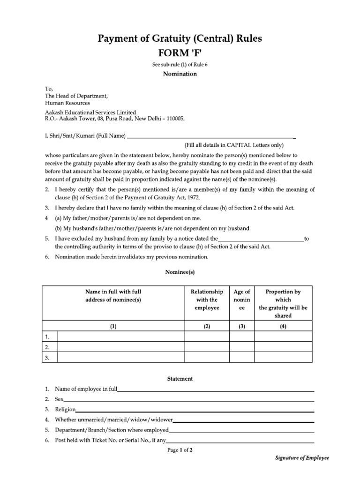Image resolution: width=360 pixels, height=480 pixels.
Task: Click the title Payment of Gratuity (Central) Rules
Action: (x=180, y=38)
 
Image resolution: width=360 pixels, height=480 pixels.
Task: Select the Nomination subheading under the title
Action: (x=180, y=74)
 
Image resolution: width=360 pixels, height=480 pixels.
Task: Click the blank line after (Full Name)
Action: (x=211, y=137)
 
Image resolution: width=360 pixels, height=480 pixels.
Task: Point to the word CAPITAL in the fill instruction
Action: (x=243, y=145)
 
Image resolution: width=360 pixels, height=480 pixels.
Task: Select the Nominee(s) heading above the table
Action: (x=180, y=272)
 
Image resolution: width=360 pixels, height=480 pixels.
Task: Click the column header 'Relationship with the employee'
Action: (x=207, y=300)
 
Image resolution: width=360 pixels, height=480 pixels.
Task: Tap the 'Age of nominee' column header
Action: (x=242, y=300)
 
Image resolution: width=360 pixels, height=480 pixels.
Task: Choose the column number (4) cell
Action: (x=283, y=327)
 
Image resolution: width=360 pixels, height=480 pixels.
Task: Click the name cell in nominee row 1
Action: (x=120, y=337)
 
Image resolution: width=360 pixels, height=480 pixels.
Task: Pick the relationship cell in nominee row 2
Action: (x=207, y=347)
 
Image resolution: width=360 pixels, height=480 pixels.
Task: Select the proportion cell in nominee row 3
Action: (x=283, y=358)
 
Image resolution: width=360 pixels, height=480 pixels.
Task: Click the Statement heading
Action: (x=180, y=379)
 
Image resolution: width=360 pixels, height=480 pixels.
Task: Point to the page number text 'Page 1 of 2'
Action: (x=180, y=450)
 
